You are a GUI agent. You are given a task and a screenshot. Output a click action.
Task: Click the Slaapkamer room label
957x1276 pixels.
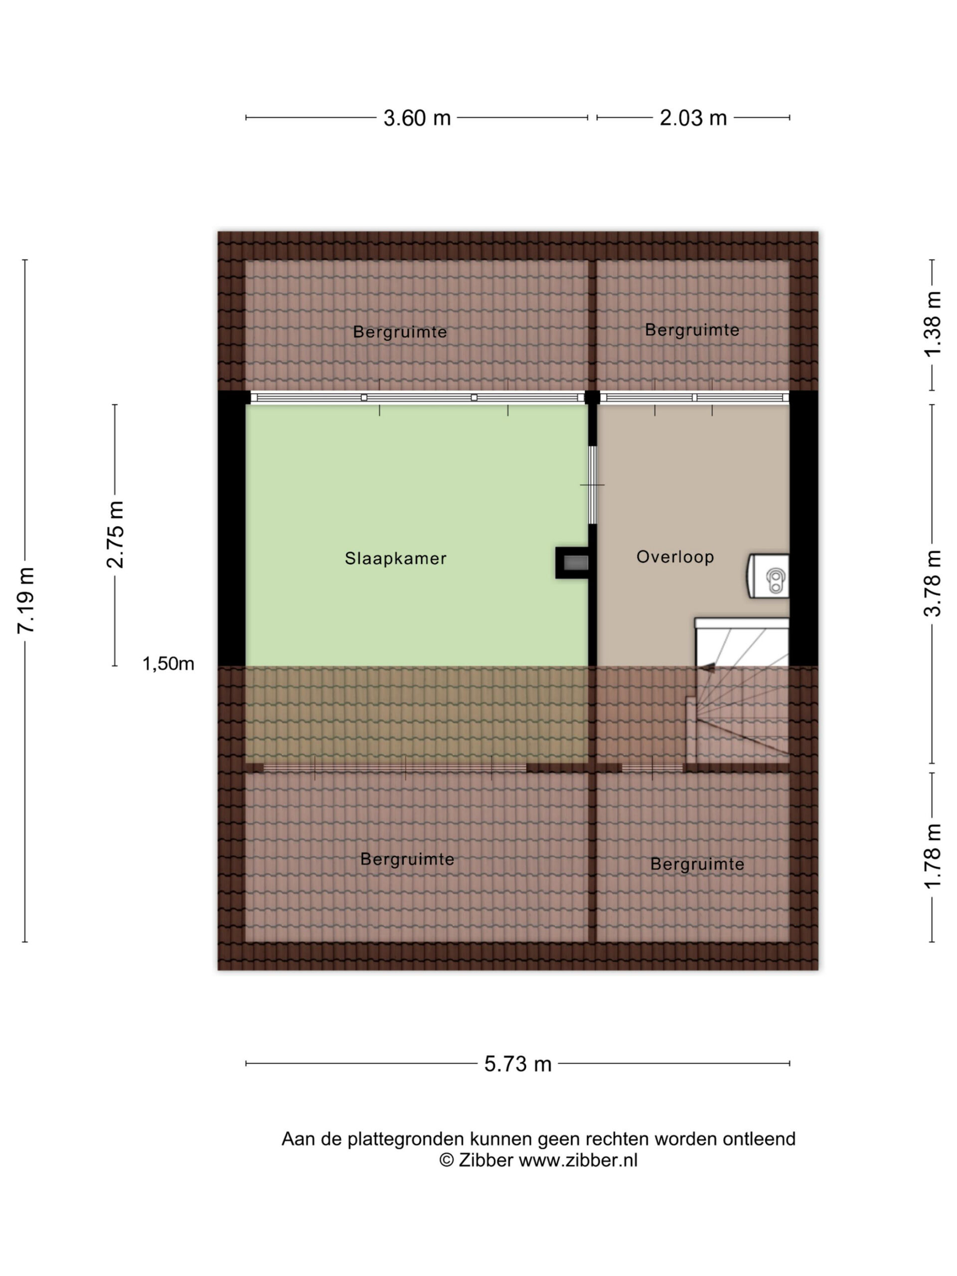(396, 558)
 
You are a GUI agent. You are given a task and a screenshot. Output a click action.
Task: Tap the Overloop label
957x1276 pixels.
(675, 557)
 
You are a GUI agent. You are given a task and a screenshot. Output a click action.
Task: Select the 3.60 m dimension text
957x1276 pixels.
(417, 118)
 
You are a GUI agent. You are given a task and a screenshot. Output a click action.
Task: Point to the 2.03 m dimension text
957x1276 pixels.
(693, 118)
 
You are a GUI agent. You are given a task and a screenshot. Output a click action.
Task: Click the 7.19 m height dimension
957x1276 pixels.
(26, 601)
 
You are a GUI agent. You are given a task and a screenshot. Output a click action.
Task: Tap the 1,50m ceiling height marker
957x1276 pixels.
(168, 664)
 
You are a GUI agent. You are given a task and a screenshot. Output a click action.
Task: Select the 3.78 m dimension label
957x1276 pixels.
(933, 583)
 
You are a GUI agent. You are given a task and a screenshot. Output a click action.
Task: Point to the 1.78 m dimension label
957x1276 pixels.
(933, 855)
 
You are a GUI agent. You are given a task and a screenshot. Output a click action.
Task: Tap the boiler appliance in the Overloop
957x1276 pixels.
(769, 576)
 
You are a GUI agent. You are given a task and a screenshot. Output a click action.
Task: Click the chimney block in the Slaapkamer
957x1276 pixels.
(572, 562)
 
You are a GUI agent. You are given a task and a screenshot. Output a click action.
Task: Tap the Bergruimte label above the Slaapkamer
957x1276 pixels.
(400, 331)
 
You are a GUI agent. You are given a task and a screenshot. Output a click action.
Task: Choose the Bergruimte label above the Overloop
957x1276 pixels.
(692, 330)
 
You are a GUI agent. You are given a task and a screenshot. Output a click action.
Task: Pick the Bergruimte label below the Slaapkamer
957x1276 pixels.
(407, 859)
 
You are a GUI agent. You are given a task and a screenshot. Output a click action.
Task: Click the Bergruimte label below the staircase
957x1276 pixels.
(697, 864)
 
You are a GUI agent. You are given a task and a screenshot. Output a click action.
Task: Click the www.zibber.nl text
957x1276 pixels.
(578, 1160)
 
